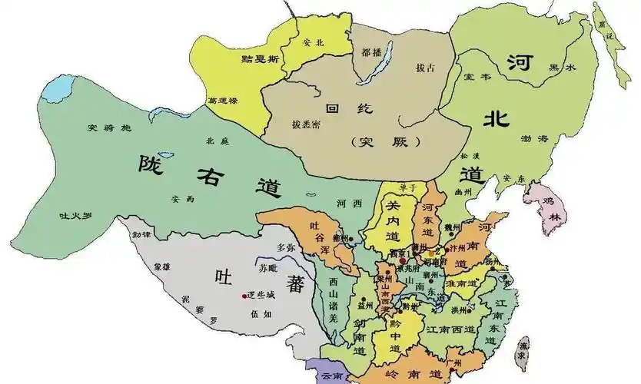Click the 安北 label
click(x=314, y=42)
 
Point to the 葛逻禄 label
click(x=223, y=100)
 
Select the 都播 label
click(x=371, y=52)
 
